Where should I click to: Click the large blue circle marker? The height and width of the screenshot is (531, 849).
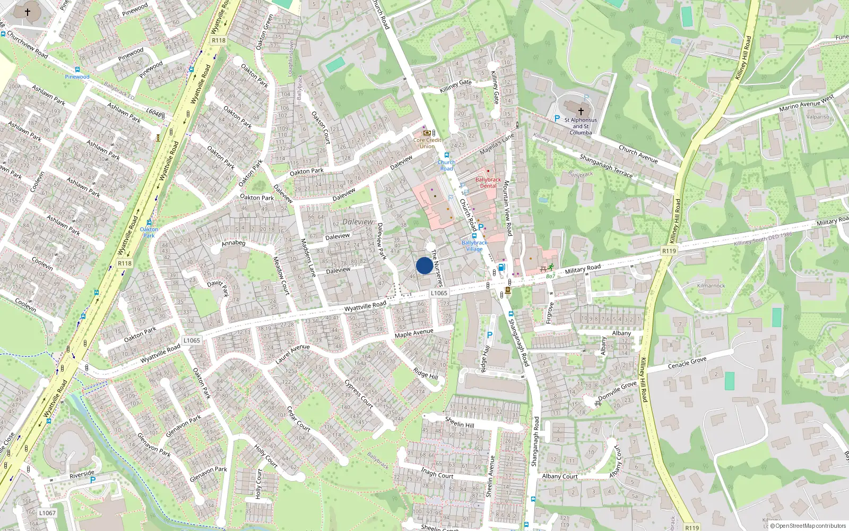[424, 265]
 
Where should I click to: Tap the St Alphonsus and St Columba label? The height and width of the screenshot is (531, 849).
[581, 126]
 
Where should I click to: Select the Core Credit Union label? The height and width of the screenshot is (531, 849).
[427, 143]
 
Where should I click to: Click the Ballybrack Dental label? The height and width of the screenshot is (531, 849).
[488, 183]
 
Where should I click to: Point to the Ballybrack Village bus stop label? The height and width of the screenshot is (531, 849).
[474, 246]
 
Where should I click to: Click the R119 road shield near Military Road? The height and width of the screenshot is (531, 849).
[669, 251]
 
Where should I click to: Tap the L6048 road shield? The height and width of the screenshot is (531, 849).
[154, 113]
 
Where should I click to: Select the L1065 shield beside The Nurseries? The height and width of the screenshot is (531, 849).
[439, 293]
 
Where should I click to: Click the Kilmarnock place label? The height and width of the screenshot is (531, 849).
[711, 286]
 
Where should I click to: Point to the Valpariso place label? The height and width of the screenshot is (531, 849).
[818, 117]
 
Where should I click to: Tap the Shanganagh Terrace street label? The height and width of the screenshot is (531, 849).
[606, 166]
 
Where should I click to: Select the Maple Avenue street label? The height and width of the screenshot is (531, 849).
[414, 333]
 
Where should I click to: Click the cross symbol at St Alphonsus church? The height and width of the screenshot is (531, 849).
[581, 112]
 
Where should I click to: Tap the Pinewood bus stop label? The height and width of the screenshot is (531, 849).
[77, 77]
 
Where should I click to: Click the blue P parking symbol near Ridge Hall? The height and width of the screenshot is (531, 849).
[490, 335]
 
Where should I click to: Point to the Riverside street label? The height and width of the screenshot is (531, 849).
[82, 474]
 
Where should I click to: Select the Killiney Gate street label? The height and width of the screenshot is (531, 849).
[456, 85]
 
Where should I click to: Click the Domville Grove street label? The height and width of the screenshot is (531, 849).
[617, 391]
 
